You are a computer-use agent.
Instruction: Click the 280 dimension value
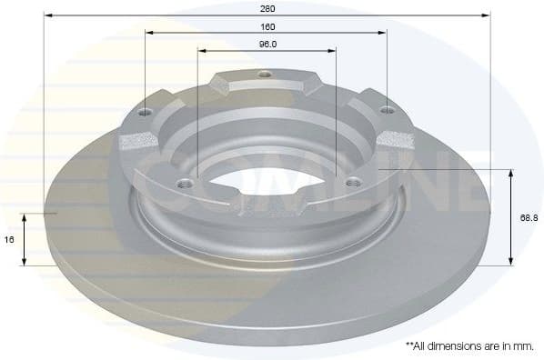(x=267, y=8)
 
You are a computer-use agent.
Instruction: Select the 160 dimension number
(x=267, y=27)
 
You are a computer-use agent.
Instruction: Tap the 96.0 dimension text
(x=267, y=44)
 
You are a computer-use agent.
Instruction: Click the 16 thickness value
(x=10, y=240)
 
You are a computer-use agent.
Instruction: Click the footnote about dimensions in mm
(x=468, y=345)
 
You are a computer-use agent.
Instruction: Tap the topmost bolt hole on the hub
(x=264, y=75)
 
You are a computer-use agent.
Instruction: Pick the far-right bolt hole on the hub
(x=387, y=111)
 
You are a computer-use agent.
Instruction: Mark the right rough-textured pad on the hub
(x=395, y=139)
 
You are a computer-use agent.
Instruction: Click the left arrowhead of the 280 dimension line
(x=46, y=15)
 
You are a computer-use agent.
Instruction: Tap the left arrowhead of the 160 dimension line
(x=147, y=33)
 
